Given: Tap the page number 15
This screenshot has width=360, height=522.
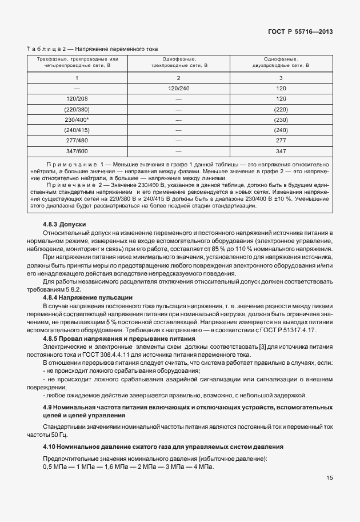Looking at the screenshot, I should pyautogui.click(x=329, y=479).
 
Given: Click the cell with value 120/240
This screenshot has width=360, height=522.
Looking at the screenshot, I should pyautogui.click(x=178, y=88).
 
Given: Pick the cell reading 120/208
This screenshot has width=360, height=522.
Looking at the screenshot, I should pyautogui.click(x=77, y=98).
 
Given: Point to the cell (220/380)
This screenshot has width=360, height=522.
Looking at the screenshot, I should pyautogui.click(x=77, y=109).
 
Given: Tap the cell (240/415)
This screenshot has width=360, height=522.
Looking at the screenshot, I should pyautogui.click(x=77, y=130).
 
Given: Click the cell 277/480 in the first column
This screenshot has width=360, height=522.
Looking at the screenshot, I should pyautogui.click(x=77, y=140).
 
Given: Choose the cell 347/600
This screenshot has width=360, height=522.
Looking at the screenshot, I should pyautogui.click(x=77, y=151).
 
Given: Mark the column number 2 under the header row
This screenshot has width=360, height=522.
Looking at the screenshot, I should pyautogui.click(x=178, y=77).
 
